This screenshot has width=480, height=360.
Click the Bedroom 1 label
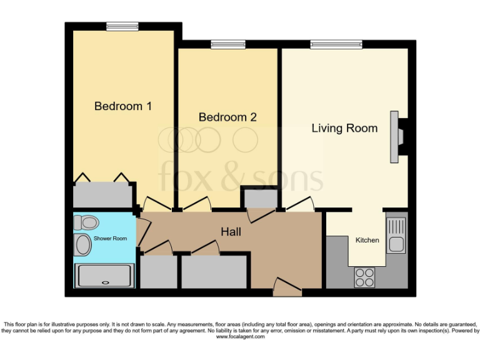point(123,106)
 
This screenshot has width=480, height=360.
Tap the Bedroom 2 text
point(227,117)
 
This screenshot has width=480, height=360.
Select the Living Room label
point(344,128)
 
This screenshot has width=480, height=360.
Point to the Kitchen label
point(367,240)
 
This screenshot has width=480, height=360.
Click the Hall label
point(231,232)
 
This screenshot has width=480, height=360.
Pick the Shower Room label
point(110,238)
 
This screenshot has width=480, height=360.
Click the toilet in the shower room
point(86,222)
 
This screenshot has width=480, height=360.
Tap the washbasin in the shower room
point(82,245)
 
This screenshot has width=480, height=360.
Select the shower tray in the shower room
point(104,276)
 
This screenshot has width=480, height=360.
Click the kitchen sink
point(396,234)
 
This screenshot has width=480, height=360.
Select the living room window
point(336,44)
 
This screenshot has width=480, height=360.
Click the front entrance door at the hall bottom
point(287,289)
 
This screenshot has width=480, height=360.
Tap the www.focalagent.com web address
point(240,336)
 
